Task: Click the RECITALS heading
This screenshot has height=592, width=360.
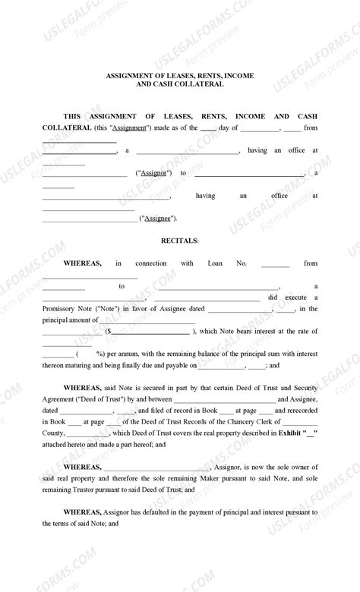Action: [x=179, y=241]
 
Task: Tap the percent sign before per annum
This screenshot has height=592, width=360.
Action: [x=99, y=354]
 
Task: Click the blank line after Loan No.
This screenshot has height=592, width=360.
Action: [x=275, y=265]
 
